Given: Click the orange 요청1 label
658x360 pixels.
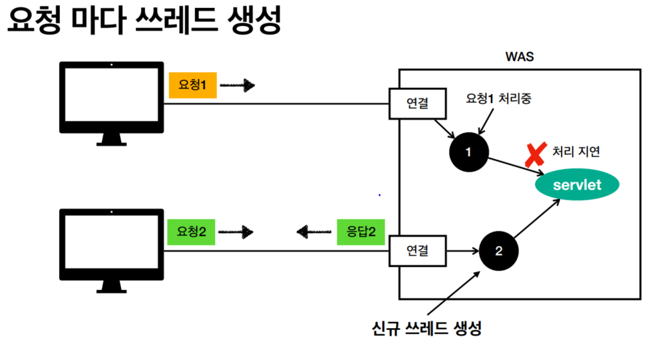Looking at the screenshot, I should (193, 85).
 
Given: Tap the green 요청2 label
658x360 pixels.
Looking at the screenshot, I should (192, 232).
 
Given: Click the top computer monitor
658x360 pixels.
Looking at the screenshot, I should (110, 100).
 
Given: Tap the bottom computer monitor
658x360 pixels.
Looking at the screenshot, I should (110, 247).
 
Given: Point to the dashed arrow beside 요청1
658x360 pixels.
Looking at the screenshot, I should (238, 85).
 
